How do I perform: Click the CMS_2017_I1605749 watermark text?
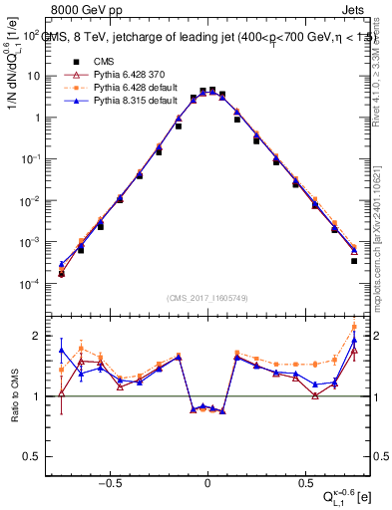[206, 300]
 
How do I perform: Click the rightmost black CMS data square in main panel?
[354, 261]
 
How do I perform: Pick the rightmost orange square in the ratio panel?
[354, 327]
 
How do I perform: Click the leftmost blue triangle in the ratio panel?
[62, 351]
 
